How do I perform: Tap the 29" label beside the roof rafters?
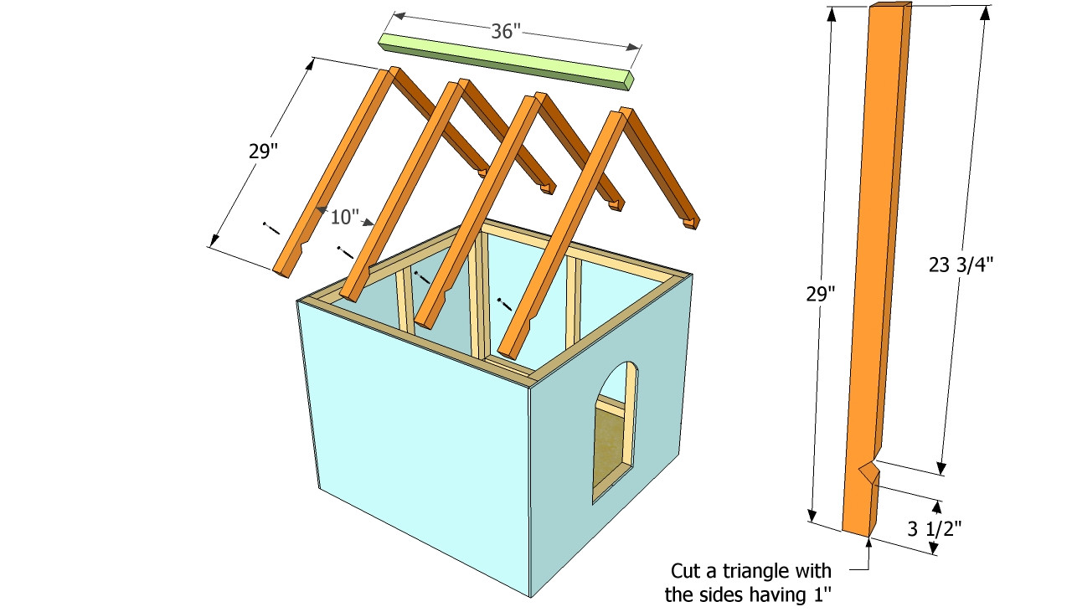(261, 152)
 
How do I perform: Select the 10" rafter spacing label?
(343, 218)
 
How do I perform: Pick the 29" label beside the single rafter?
(820, 294)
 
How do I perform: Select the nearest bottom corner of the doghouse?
(532, 596)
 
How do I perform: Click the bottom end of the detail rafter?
(858, 530)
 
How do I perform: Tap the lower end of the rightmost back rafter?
(691, 222)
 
